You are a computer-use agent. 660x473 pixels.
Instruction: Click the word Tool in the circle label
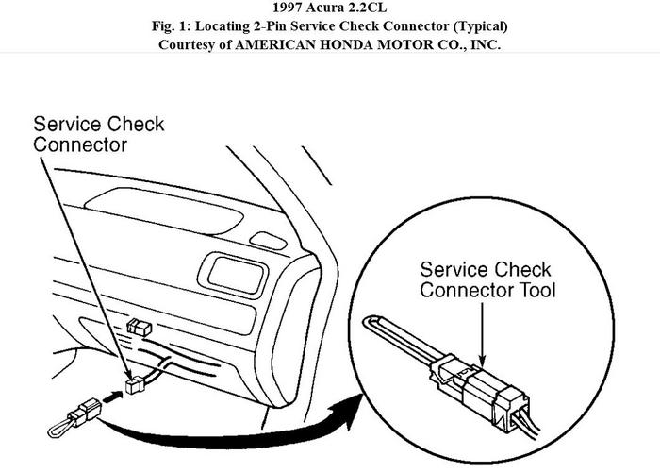[x=535, y=289]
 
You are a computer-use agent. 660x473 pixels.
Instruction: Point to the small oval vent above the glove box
[x=269, y=241]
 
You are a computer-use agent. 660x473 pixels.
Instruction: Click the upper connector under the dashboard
[x=139, y=327]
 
